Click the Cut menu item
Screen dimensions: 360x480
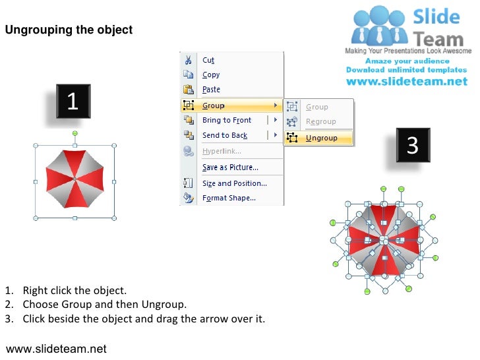click(208, 60)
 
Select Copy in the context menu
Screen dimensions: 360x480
click(211, 75)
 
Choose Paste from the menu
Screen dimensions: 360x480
click(211, 90)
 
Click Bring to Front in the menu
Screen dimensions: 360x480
click(226, 120)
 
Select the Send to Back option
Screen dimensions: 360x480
click(224, 135)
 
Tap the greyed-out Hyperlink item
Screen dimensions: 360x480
click(222, 151)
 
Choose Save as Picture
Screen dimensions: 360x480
click(230, 167)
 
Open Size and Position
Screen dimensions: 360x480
click(234, 183)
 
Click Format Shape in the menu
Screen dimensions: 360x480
click(229, 198)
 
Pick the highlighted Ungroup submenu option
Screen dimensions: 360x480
click(321, 138)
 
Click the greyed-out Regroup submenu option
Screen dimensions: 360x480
click(320, 121)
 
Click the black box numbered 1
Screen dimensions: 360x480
click(73, 102)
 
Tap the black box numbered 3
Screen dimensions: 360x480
click(413, 145)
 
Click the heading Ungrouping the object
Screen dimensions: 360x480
click(69, 30)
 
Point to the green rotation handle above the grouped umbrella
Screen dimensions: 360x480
click(75, 133)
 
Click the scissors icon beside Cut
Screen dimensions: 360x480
click(189, 60)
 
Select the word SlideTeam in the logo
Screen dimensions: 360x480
click(436, 28)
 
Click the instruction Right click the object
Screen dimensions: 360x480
click(74, 290)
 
